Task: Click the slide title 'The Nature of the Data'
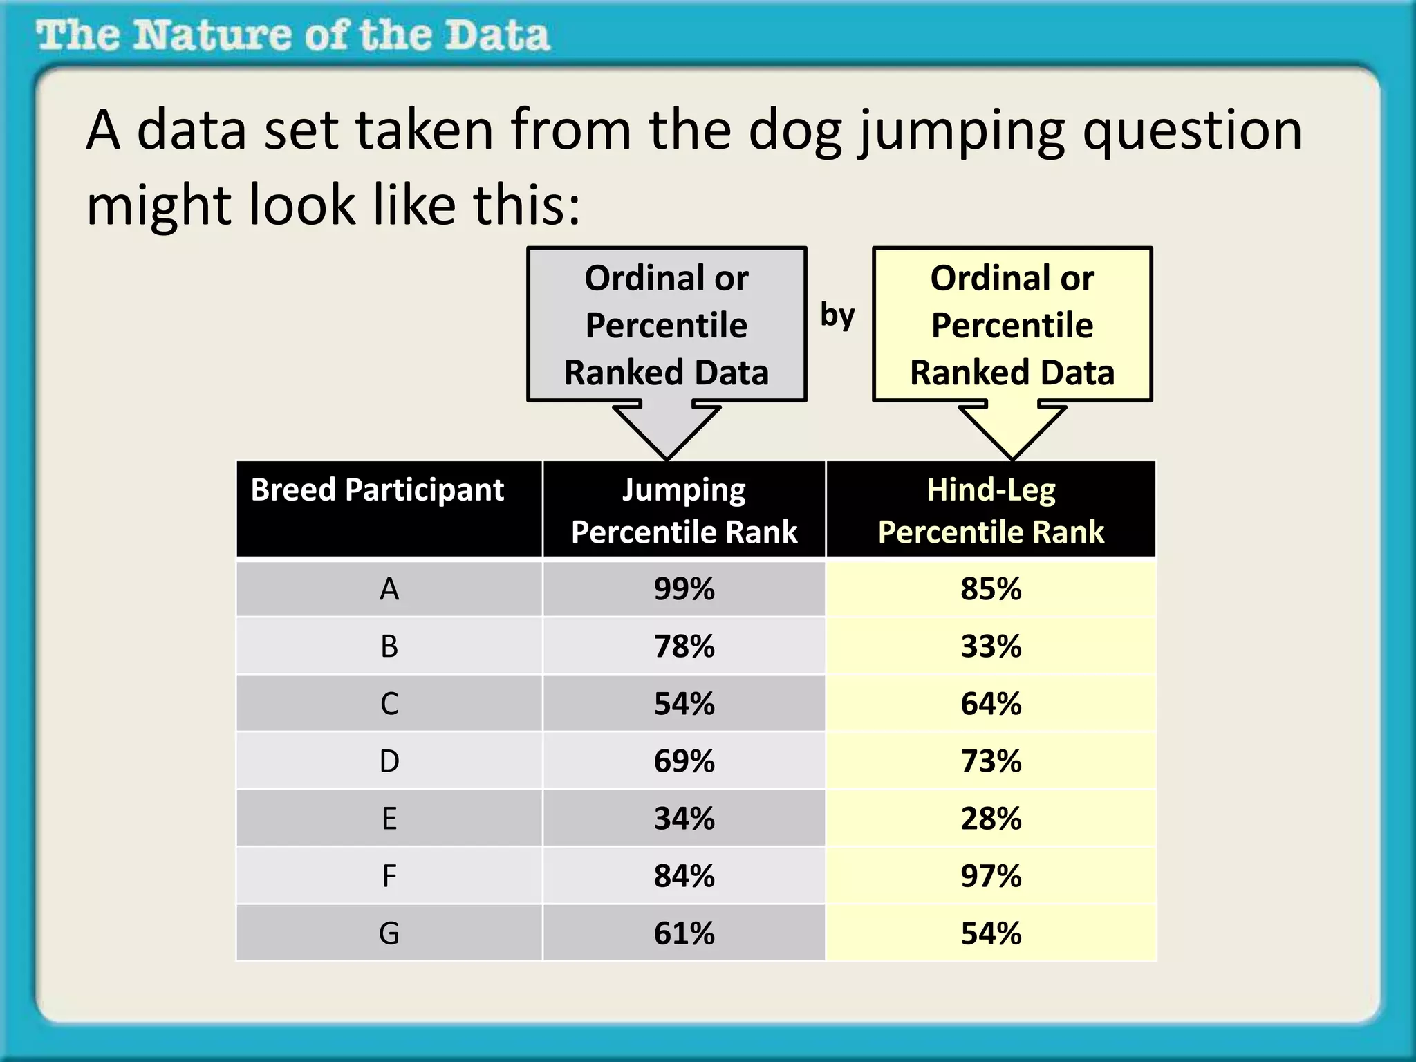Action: pyautogui.click(x=293, y=35)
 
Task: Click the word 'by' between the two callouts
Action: pyautogui.click(x=837, y=315)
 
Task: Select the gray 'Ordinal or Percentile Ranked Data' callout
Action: pyautogui.click(x=667, y=325)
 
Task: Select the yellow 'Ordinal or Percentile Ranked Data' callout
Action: pyautogui.click(x=1012, y=325)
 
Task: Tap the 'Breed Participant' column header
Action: pyautogui.click(x=378, y=490)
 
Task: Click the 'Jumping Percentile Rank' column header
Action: pyautogui.click(x=684, y=510)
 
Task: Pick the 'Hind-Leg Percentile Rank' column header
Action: pyautogui.click(x=991, y=510)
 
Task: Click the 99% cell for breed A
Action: pyautogui.click(x=684, y=589)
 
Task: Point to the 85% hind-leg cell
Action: pyautogui.click(x=991, y=589)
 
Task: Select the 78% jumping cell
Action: pyautogui.click(x=684, y=646)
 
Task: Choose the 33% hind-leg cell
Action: pyautogui.click(x=991, y=646)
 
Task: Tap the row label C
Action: pyautogui.click(x=389, y=704)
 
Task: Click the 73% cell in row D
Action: pyautogui.click(x=991, y=761)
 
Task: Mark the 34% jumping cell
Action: pyautogui.click(x=684, y=819)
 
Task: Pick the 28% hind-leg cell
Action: pyautogui.click(x=991, y=819)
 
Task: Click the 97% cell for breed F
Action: pyautogui.click(x=991, y=876)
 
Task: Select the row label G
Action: pyautogui.click(x=389, y=933)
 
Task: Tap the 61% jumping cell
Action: pyautogui.click(x=684, y=933)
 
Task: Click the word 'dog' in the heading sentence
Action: pyautogui.click(x=795, y=131)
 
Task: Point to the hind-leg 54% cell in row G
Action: pyautogui.click(x=991, y=933)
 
